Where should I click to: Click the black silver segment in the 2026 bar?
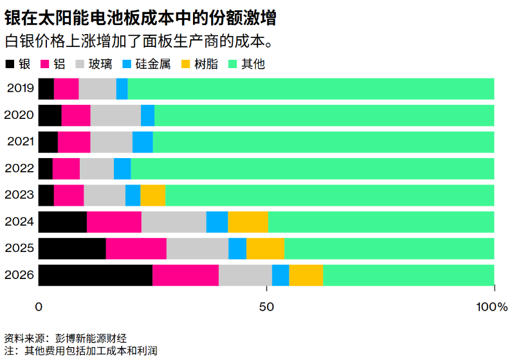coord(95,275)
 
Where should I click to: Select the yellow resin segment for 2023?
coord(153,195)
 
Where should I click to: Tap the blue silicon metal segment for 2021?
coord(142,141)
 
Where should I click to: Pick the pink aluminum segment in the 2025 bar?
coord(136,248)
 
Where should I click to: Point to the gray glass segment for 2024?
coord(174,222)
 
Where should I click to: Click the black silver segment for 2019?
coord(46,89)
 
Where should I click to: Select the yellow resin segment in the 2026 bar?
coord(306,275)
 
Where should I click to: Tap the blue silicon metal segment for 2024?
coord(217,222)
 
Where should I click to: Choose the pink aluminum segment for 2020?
coord(76,115)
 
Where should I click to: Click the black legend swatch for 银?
coord(10,64)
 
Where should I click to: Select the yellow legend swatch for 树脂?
coord(184,64)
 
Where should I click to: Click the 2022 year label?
coord(19,168)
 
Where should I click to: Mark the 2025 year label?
coord(19,248)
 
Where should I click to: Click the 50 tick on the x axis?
coord(266,307)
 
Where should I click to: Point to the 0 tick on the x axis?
coord(39,307)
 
